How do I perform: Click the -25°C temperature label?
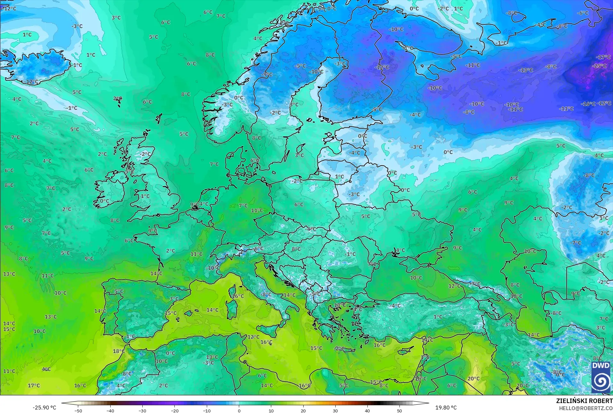pos(599,66)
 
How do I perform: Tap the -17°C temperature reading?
pos(603,57)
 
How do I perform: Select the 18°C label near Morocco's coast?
pos(119,351)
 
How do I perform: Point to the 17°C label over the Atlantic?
pos(34,385)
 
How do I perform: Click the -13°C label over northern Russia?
pos(526,70)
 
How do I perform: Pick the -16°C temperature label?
pos(588,104)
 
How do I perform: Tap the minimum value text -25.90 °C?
pos(44,408)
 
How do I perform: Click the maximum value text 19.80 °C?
pos(446,408)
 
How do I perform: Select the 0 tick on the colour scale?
pos(239,411)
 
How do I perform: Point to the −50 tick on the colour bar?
pos(78,411)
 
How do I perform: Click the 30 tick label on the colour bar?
pos(335,411)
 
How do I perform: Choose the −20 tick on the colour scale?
pos(174,411)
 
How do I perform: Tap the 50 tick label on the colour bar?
pos(399,411)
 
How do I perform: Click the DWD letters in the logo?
pos(600,366)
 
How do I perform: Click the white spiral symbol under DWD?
pos(600,381)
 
